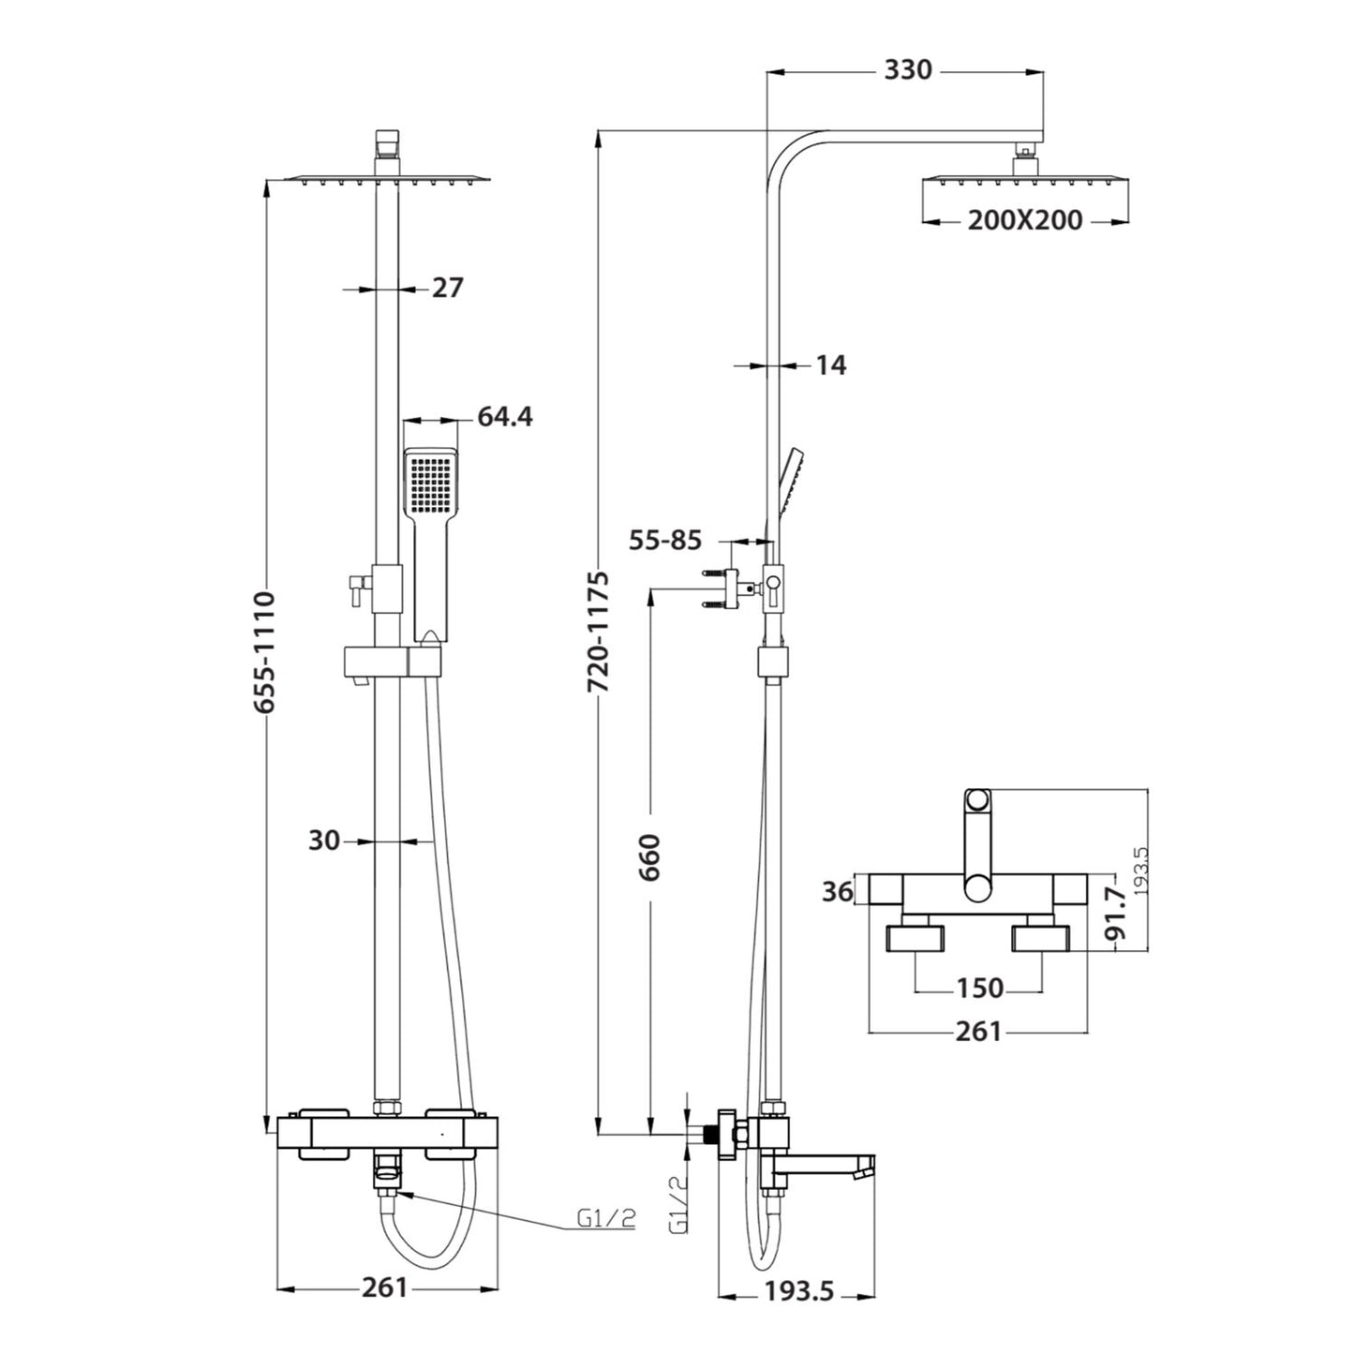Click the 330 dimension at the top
pos(907,70)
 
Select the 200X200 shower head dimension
pos(1024,220)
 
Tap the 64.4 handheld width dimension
pos(504,416)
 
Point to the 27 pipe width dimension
pos(447,288)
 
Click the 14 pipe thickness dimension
pos(829,365)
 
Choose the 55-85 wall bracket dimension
pos(664,540)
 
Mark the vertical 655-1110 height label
pos(265,651)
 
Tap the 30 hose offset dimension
pos(323,841)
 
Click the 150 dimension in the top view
pos(979,988)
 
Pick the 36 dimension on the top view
pos(838,891)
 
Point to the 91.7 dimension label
pos(1114,915)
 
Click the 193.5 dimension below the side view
pos(798,1291)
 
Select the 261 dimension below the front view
pos(384,1287)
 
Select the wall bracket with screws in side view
pos(723,589)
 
